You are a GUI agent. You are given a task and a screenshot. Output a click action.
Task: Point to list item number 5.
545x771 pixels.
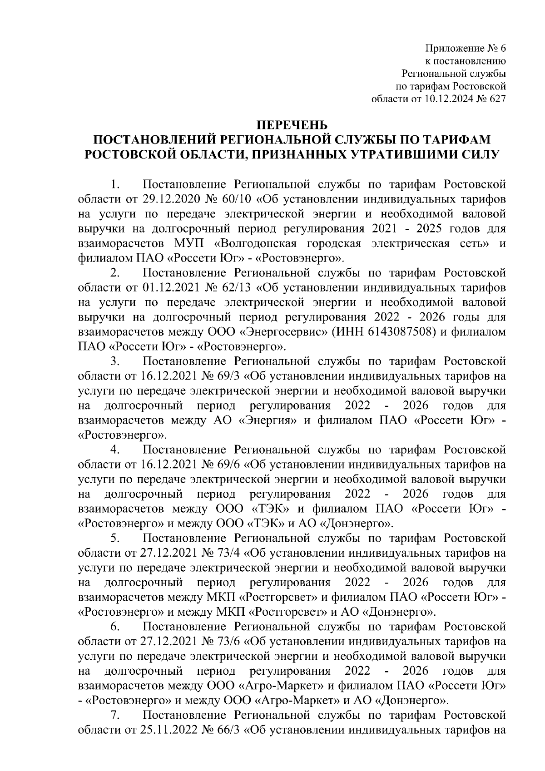[115, 539]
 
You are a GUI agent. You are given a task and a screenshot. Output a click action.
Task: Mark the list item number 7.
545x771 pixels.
[115, 717]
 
